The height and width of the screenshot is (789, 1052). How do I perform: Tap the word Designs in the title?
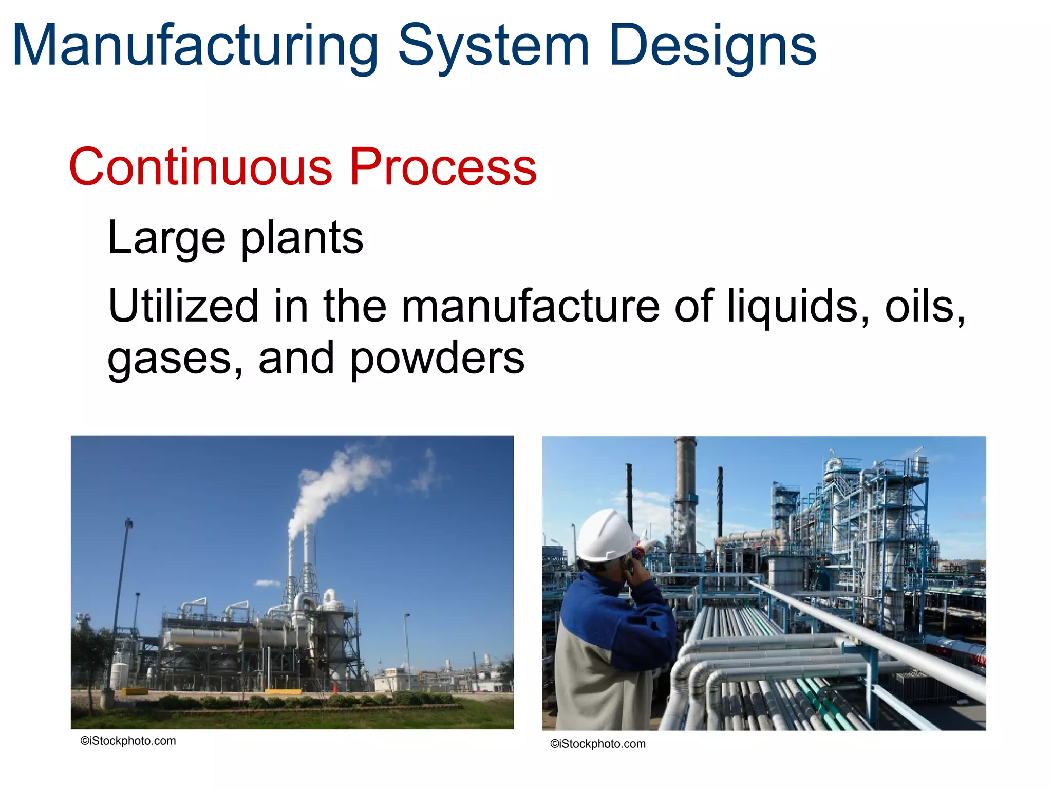coord(713,47)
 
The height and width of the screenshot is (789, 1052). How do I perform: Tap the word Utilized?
coord(183,306)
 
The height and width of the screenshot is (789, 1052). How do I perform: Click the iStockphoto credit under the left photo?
coord(128,741)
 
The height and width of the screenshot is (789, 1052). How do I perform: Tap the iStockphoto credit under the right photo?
coord(598,744)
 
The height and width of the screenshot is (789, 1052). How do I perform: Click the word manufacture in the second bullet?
coord(530,306)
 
